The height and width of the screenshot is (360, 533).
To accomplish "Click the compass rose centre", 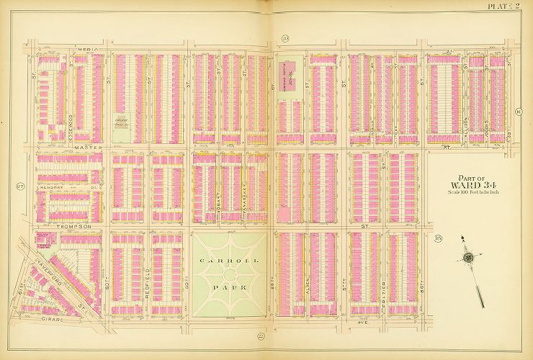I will [x=468, y=258].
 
